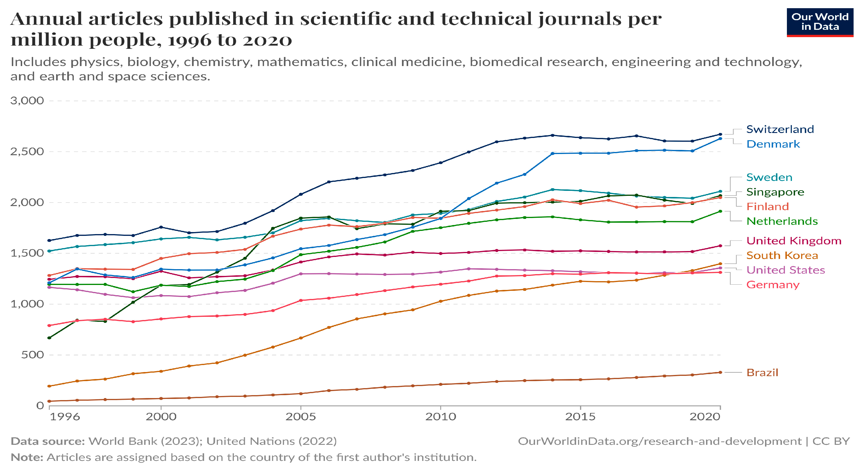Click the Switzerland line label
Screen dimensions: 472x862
click(780, 129)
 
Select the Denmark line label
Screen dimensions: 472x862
click(773, 144)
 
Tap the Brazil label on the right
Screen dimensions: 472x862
click(762, 373)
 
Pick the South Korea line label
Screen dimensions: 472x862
click(782, 255)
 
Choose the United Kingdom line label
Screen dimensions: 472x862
click(793, 241)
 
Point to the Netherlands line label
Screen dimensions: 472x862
click(782, 221)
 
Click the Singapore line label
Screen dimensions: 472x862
click(775, 192)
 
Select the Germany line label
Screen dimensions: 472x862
click(773, 285)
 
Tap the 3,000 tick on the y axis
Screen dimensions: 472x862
click(27, 101)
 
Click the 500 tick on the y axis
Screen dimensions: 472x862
click(32, 355)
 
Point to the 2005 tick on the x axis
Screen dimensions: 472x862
click(300, 417)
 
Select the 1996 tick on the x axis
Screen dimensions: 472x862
click(65, 417)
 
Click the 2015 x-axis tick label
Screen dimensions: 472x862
click(580, 417)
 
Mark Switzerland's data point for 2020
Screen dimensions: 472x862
click(720, 134)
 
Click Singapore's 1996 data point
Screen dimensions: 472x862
click(49, 338)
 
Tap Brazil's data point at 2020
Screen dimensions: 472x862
click(720, 372)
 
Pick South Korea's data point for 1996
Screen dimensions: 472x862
click(49, 386)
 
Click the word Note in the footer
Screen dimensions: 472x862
click(27, 457)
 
